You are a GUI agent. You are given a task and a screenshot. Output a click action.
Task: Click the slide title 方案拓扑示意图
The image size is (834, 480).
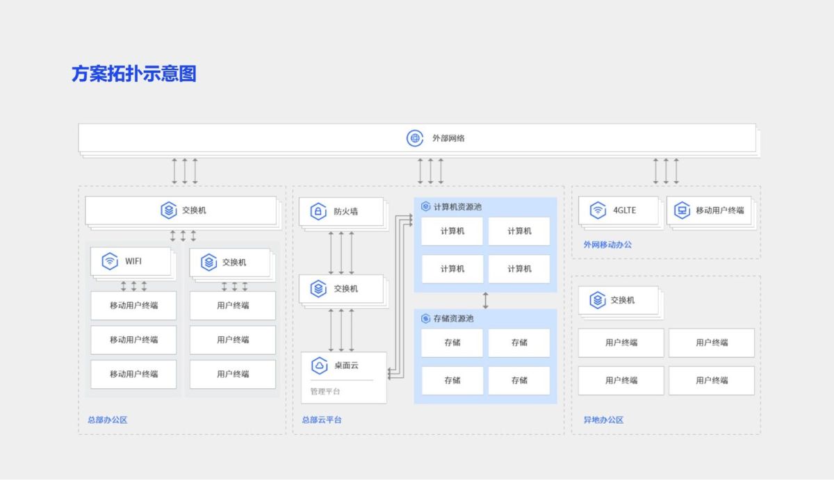click(x=133, y=74)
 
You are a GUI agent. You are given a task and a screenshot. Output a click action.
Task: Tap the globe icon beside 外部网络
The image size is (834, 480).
click(x=415, y=138)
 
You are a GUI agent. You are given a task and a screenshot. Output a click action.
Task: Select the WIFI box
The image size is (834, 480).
click(x=131, y=262)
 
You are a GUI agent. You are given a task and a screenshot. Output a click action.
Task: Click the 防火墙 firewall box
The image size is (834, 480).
click(x=341, y=211)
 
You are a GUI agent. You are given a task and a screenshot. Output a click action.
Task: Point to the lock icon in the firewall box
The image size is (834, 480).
click(x=318, y=212)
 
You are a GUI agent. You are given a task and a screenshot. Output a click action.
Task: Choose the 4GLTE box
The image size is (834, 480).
click(x=618, y=210)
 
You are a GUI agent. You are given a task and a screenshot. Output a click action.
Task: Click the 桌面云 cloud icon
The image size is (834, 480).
click(x=319, y=365)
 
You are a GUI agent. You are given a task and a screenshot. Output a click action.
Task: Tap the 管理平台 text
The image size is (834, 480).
click(x=325, y=392)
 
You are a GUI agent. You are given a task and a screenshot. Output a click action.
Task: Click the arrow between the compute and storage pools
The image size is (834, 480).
click(x=485, y=300)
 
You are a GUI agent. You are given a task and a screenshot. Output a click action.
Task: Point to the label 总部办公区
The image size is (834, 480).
click(x=107, y=420)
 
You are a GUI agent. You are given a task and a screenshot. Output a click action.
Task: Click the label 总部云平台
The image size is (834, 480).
click(x=321, y=420)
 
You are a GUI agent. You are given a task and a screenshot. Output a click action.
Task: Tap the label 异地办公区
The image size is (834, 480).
click(x=603, y=420)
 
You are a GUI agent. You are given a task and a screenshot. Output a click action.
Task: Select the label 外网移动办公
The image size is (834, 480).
click(x=607, y=245)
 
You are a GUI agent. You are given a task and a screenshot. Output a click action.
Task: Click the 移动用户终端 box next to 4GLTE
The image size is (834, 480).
click(x=710, y=210)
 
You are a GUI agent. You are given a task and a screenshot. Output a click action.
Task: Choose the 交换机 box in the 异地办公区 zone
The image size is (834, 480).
click(x=621, y=300)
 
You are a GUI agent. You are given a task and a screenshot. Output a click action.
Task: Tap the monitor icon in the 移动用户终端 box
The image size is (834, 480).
click(x=682, y=210)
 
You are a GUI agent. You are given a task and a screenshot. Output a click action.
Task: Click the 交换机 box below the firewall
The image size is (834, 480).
click(x=341, y=289)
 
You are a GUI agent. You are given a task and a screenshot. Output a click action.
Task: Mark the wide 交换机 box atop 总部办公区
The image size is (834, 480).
click(x=181, y=210)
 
